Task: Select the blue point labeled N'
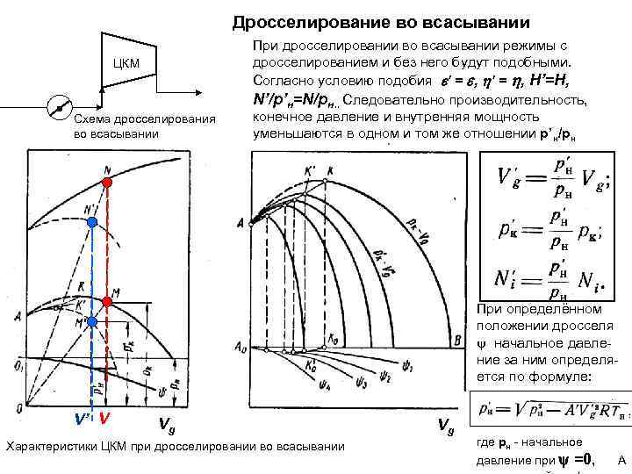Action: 93,223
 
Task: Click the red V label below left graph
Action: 104,420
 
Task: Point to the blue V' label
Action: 82,420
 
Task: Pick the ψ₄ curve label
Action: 303,384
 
